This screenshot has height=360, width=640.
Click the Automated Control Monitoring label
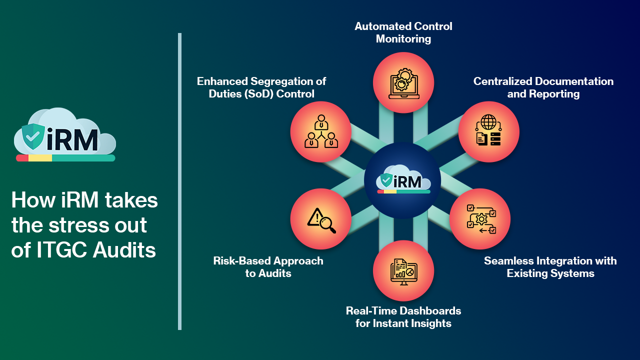click(x=403, y=32)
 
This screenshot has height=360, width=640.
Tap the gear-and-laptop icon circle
click(x=403, y=82)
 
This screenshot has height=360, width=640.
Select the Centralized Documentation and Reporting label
click(x=543, y=87)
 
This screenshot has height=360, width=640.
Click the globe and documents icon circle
click(x=488, y=132)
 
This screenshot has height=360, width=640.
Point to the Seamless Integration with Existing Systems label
click(x=550, y=267)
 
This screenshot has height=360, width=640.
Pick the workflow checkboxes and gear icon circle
click(x=480, y=218)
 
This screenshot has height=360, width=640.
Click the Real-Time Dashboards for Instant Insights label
click(x=403, y=317)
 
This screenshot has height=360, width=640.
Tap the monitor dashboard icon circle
click(x=403, y=270)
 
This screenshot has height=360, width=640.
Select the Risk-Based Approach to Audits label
click(x=268, y=267)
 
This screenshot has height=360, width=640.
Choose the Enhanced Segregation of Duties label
click(x=261, y=87)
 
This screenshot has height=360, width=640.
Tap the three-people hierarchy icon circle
click(x=321, y=132)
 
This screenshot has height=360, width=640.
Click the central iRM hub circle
click(x=402, y=180)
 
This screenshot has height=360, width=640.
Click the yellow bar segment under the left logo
click(x=40, y=158)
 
